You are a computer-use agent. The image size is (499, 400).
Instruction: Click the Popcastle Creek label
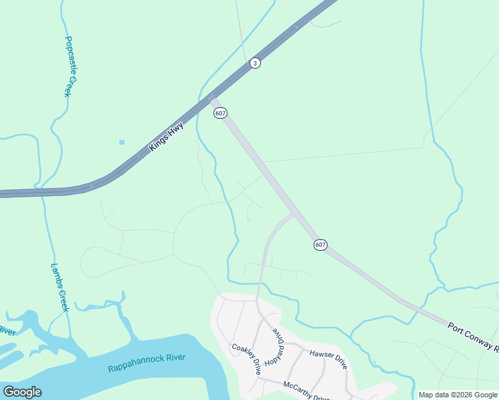[x=72, y=66]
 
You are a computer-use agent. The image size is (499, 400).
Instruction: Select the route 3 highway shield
[x=255, y=63]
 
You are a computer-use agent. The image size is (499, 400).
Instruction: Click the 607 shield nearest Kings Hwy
[x=221, y=113]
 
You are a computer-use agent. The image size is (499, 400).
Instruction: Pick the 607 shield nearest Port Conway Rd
[x=320, y=245]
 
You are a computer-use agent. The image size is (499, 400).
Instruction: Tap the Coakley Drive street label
[x=246, y=359]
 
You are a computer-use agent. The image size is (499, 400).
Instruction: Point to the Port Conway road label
[x=472, y=335]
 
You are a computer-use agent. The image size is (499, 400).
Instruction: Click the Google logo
[x=22, y=392]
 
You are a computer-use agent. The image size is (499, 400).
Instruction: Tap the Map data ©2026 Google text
[x=458, y=395]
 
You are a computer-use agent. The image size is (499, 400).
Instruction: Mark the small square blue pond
[x=121, y=142]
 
